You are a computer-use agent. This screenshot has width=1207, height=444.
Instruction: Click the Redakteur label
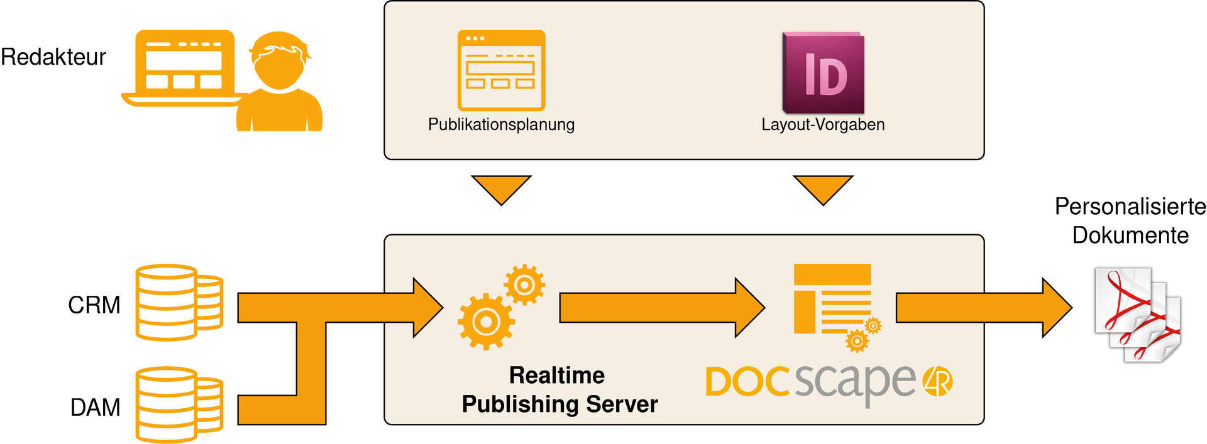pyautogui.click(x=53, y=57)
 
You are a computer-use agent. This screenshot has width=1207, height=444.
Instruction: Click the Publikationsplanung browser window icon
pyautogui.click(x=501, y=70)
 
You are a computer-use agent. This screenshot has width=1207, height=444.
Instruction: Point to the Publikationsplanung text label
pyautogui.click(x=501, y=124)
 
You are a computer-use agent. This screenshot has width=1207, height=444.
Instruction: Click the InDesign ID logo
pyautogui.click(x=824, y=73)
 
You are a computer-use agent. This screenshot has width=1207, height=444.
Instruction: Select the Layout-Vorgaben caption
pyautogui.click(x=823, y=124)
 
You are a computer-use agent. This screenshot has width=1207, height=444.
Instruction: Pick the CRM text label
pyautogui.click(x=94, y=305)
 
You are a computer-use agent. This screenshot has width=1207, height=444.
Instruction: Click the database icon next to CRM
pyautogui.click(x=179, y=302)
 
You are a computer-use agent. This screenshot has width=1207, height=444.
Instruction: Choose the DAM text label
pyautogui.click(x=95, y=408)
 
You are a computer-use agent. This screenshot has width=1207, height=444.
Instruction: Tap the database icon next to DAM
pyautogui.click(x=179, y=405)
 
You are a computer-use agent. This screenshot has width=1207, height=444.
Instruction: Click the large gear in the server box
pyautogui.click(x=486, y=322)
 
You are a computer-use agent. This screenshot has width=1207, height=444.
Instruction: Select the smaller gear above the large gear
pyautogui.click(x=524, y=285)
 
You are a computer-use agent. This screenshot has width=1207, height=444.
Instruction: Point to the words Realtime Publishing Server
pyautogui.click(x=559, y=390)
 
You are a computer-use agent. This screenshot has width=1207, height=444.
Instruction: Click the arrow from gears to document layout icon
pyautogui.click(x=660, y=308)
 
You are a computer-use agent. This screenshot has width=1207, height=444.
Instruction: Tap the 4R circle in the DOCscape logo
pyautogui.click(x=937, y=381)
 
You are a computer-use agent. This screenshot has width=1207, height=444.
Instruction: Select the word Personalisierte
pyautogui.click(x=1130, y=207)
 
